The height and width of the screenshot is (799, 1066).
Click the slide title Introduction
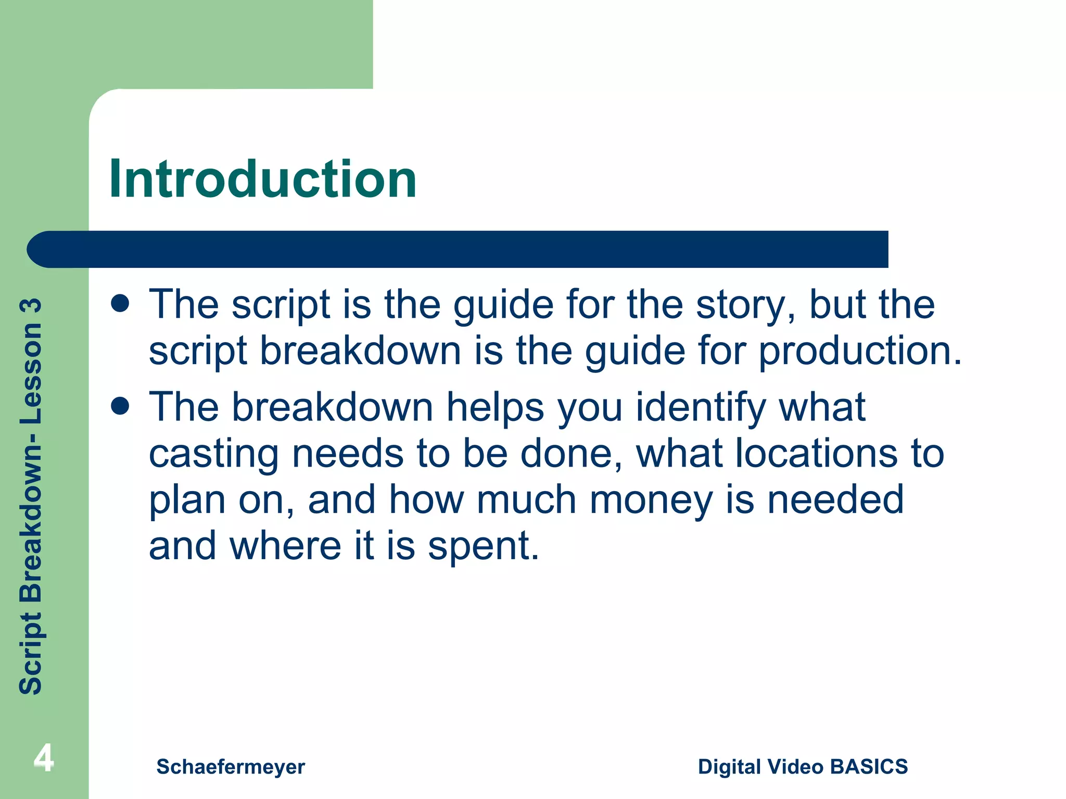pos(263,179)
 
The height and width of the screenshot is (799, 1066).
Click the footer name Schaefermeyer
pos(231,767)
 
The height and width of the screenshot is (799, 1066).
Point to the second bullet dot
pos(120,406)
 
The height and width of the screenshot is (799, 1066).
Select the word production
pos(859,351)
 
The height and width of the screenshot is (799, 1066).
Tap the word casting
pos(214,454)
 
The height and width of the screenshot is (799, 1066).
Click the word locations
pos(816,454)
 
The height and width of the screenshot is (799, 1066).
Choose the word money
pos(651,500)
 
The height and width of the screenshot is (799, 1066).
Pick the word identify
pos(701,407)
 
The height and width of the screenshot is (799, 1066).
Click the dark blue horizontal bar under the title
pos(458,249)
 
